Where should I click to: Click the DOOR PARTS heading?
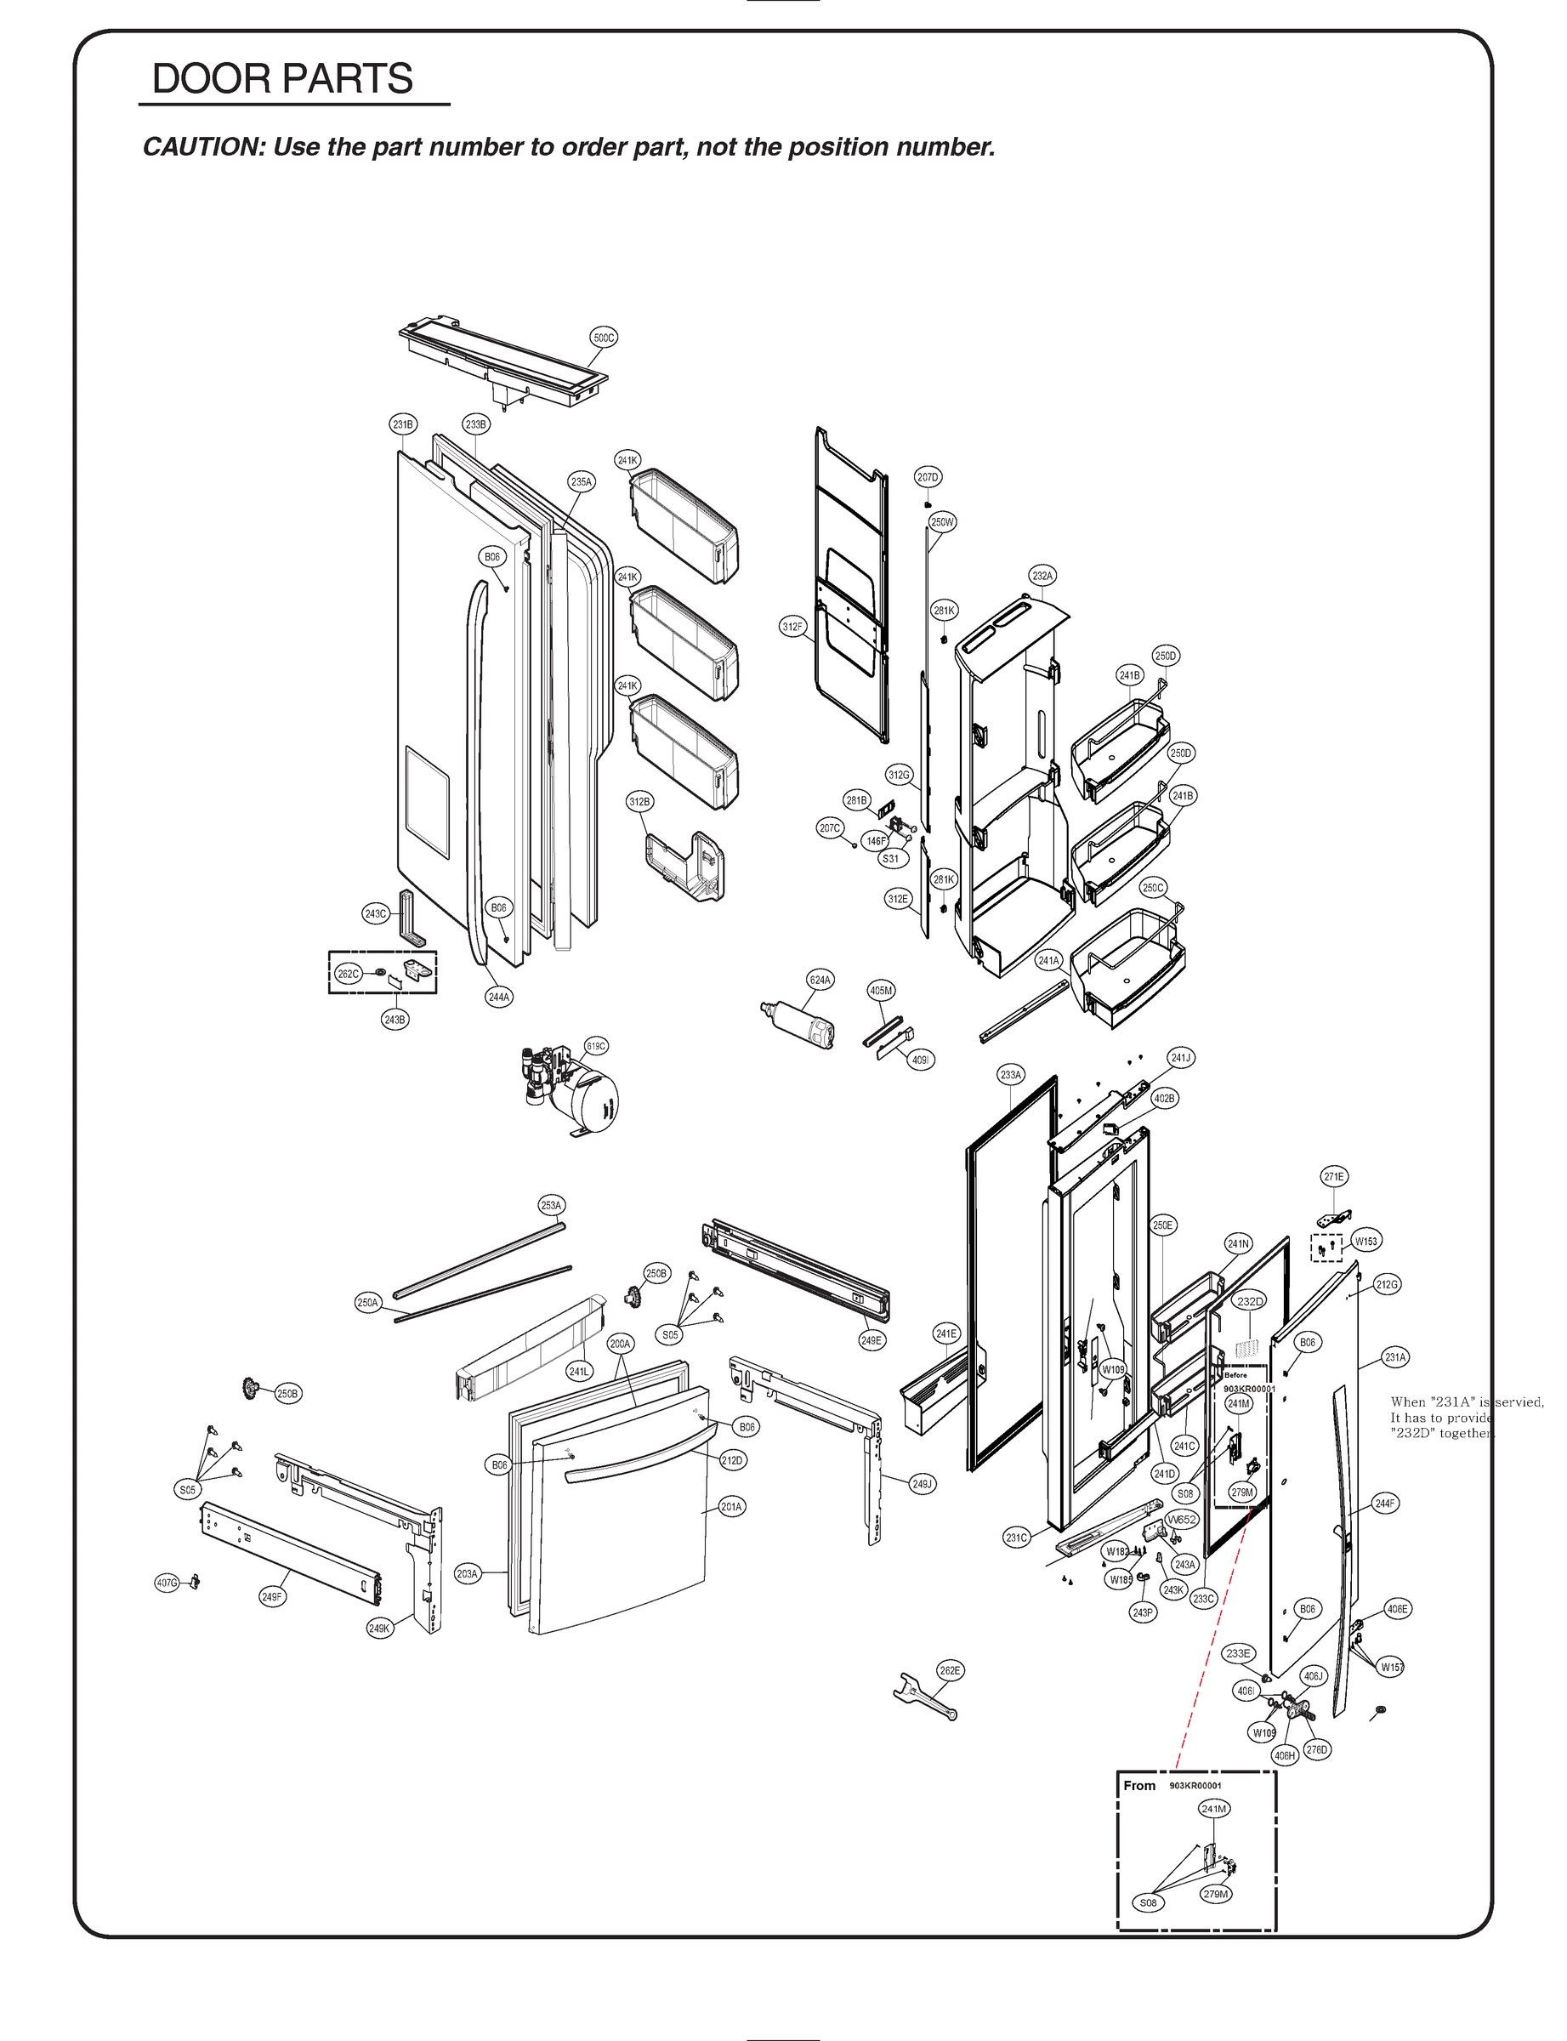coord(281,78)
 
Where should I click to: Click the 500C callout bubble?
coord(605,338)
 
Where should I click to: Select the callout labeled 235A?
coord(581,482)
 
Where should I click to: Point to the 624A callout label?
coord(820,980)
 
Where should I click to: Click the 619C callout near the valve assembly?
coord(596,1046)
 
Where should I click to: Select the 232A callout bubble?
coord(1042,576)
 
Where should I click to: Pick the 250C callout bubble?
coord(1153,887)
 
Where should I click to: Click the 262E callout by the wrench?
coord(950,1669)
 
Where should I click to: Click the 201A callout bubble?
coord(731,1505)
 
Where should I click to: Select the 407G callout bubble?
coord(167,1582)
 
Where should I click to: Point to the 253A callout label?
coord(551,1205)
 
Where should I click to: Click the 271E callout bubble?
coord(1334,1176)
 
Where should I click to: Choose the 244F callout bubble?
coord(1385,1503)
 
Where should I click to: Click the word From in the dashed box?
coord(1138,1784)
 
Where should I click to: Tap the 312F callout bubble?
coord(792,626)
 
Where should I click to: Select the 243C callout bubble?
coord(375,913)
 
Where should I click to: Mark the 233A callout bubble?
coord(1011,1075)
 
